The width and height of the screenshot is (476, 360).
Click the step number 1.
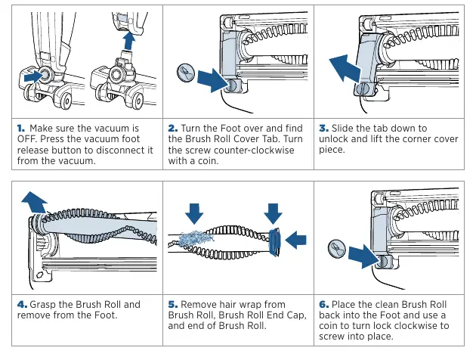(x=21, y=129)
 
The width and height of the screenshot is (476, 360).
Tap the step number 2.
(x=173, y=129)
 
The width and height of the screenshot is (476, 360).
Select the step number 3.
(x=323, y=129)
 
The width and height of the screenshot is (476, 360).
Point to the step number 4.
(x=22, y=304)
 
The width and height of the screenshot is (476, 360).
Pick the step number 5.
(x=173, y=304)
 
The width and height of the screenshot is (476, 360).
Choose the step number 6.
(x=323, y=304)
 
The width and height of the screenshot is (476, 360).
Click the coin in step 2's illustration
(x=185, y=73)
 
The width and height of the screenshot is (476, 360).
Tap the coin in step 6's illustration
(x=337, y=249)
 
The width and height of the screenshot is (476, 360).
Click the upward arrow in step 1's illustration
(x=129, y=41)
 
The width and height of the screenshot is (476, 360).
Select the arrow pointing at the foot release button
(x=34, y=76)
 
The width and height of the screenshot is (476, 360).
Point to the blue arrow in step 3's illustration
(x=345, y=69)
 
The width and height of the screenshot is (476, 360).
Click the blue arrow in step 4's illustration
(x=34, y=203)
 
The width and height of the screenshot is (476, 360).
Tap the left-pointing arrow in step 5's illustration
(x=296, y=240)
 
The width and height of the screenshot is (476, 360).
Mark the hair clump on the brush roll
(x=195, y=238)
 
